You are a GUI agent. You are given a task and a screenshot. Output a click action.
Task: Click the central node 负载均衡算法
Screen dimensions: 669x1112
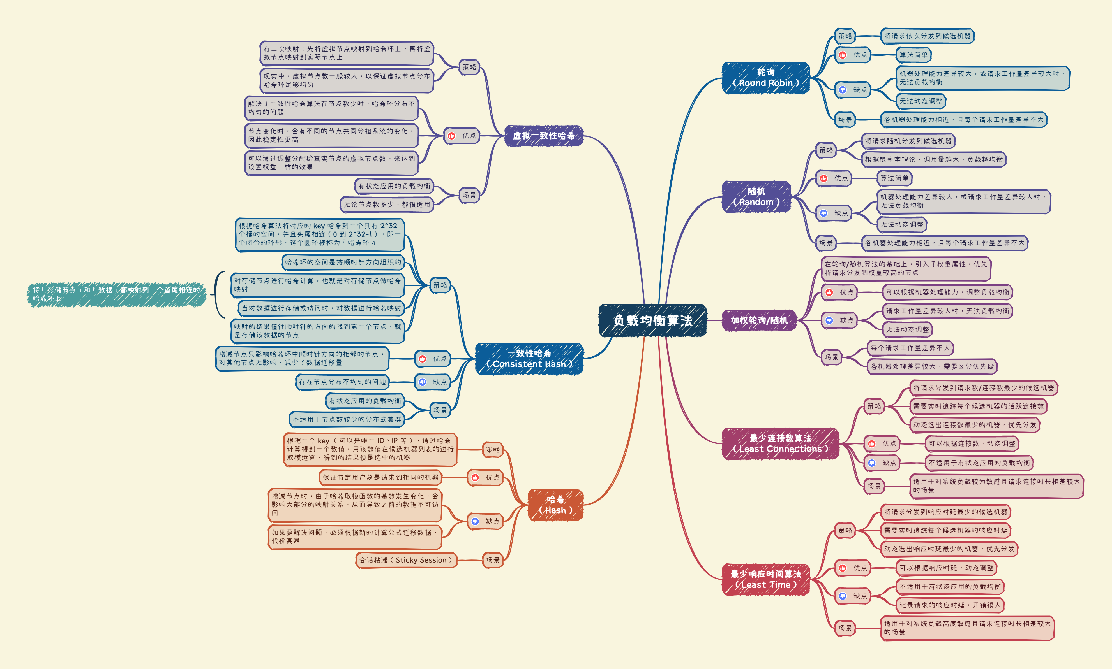point(652,320)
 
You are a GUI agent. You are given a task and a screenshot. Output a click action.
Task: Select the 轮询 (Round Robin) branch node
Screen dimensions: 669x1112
point(765,78)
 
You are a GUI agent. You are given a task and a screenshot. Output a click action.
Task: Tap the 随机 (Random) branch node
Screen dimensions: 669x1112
point(756,197)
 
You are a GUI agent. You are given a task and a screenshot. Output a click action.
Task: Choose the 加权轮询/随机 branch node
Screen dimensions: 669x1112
point(759,320)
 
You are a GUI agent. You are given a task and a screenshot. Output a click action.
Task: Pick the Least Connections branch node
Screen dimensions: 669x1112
point(780,443)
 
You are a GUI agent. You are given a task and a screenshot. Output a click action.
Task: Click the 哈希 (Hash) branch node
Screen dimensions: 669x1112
point(555,505)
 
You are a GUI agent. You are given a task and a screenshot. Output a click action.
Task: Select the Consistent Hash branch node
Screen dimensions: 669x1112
point(529,359)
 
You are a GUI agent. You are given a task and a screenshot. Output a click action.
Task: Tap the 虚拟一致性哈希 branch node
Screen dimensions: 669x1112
point(544,136)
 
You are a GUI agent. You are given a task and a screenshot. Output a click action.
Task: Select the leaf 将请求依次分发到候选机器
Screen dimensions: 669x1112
point(927,36)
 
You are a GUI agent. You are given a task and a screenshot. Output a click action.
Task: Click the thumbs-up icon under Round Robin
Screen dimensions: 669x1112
point(843,55)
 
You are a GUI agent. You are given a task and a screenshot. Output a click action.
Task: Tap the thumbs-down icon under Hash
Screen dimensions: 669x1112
point(475,521)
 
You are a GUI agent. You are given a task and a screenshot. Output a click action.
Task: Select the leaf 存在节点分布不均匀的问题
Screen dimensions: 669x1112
point(342,382)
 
